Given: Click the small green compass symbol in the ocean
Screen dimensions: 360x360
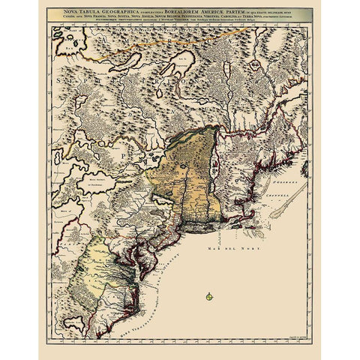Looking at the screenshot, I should [x=208, y=296].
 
